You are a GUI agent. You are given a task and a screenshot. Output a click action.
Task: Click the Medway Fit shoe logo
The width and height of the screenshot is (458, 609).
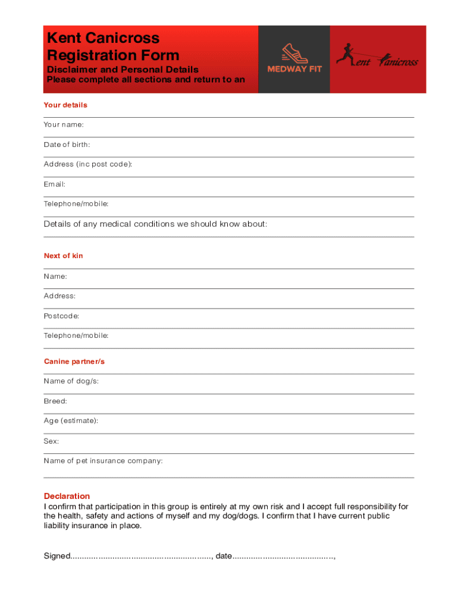tap(294, 58)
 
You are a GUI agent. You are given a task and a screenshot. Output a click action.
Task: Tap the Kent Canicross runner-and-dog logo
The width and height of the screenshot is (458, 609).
tap(377, 57)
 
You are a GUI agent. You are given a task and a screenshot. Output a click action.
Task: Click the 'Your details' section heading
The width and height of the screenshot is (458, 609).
tap(65, 105)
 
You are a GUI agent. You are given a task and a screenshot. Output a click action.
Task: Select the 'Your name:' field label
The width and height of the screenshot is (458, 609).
tap(64, 125)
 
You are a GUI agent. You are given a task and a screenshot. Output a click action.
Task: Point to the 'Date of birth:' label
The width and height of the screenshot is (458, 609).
tap(67, 145)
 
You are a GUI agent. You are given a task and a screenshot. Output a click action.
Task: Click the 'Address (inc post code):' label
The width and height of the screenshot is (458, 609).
tap(88, 164)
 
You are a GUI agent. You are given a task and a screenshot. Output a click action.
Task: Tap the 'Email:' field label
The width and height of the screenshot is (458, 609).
tap(55, 184)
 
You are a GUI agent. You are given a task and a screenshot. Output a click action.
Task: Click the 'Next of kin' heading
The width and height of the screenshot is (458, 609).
tap(64, 256)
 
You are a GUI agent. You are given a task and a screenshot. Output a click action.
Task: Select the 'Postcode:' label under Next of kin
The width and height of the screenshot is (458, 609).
tap(61, 316)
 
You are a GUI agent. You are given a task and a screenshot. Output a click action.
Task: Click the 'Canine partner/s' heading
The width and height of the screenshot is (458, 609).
tap(74, 362)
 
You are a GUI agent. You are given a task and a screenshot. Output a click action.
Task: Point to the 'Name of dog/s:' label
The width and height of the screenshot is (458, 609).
tap(71, 381)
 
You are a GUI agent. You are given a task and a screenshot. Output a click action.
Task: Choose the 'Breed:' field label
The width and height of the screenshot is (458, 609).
tap(55, 401)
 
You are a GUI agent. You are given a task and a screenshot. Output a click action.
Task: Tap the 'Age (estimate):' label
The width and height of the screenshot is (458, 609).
tap(71, 421)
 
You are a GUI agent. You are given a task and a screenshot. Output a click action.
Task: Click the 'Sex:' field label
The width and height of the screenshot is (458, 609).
tap(51, 441)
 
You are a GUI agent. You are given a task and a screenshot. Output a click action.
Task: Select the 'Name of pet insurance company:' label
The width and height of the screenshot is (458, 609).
tap(103, 461)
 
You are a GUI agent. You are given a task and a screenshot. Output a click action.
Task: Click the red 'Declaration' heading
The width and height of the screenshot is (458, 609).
tap(67, 496)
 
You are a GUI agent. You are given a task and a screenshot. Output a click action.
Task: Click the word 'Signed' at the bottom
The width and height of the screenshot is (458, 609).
tap(57, 556)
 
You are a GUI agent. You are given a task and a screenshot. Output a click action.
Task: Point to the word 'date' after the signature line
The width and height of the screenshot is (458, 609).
tap(224, 556)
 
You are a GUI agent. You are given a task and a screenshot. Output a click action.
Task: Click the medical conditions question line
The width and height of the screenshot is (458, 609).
tap(155, 224)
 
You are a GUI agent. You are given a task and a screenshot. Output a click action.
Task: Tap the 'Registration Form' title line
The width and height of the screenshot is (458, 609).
tap(113, 55)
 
